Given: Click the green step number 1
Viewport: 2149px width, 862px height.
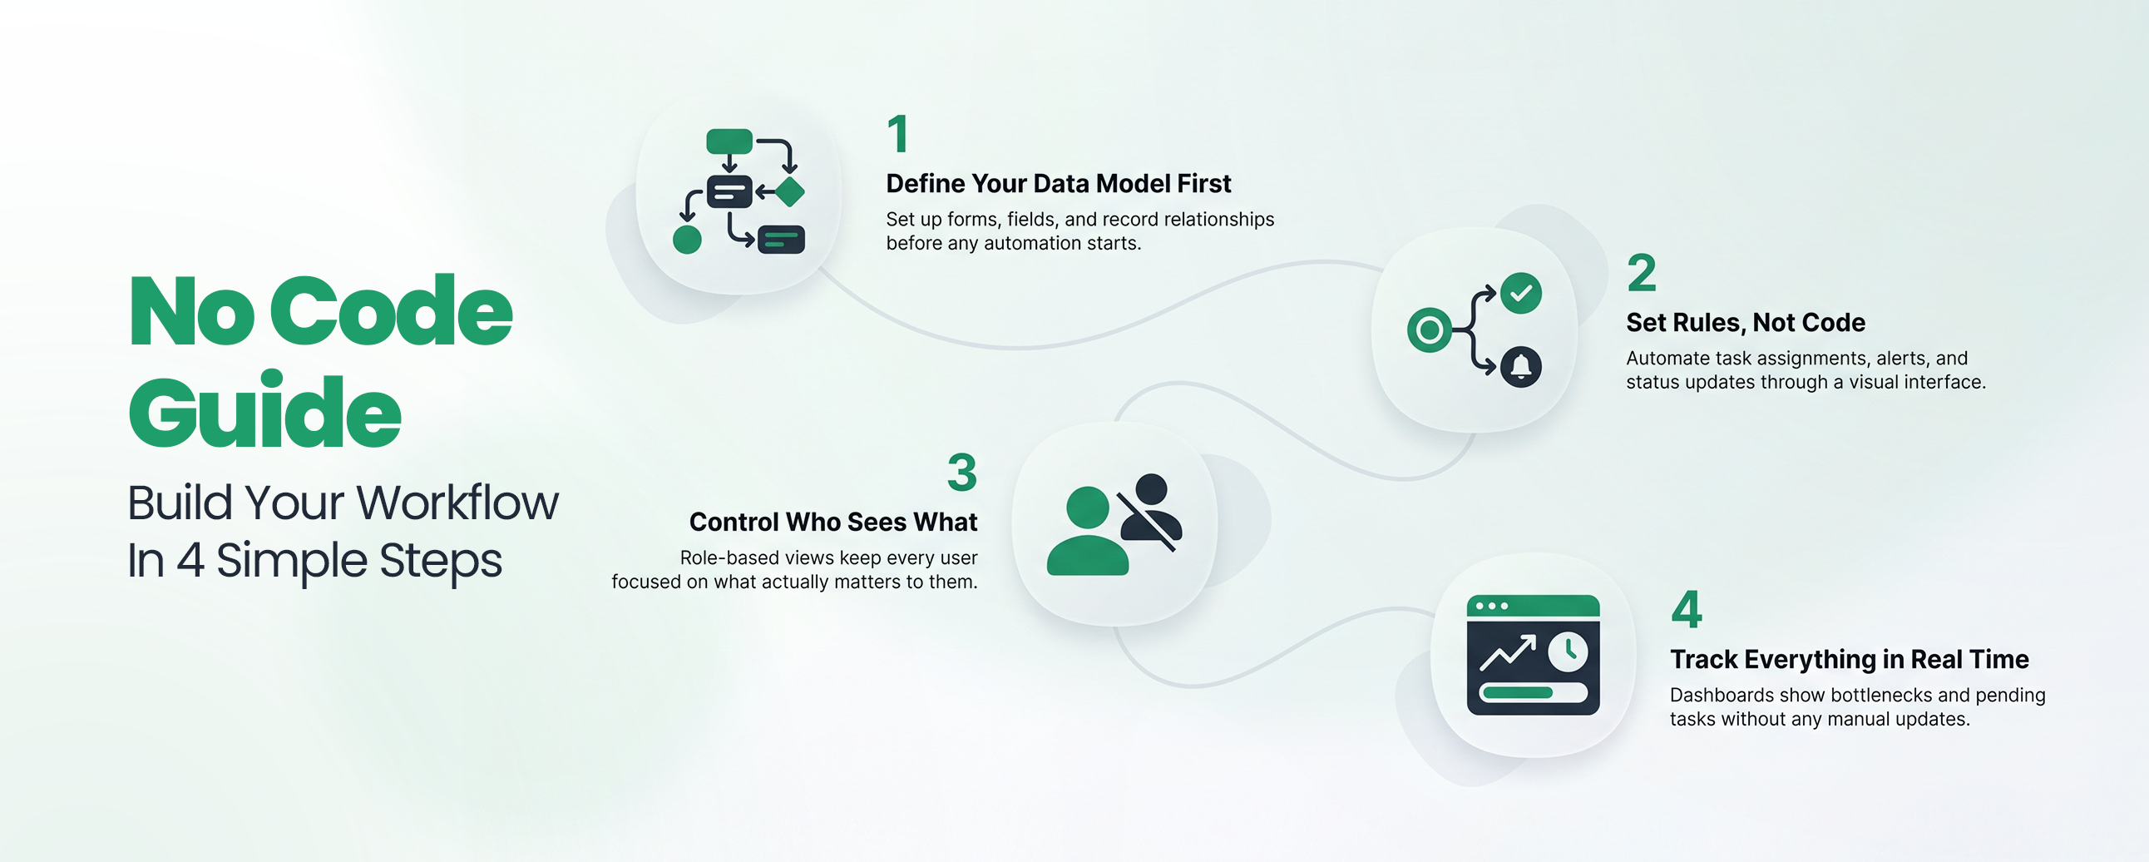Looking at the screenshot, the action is point(897,134).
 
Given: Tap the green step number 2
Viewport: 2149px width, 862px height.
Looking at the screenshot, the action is point(1641,274).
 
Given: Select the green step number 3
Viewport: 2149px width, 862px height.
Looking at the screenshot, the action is point(961,473).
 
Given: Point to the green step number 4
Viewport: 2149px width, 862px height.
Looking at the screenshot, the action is point(1686,610).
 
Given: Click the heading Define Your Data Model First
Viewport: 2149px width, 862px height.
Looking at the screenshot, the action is point(1058,184).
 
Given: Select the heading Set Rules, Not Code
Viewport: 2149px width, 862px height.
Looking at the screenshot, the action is point(1745,323).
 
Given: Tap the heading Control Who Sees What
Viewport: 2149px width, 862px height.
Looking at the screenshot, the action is point(832,523).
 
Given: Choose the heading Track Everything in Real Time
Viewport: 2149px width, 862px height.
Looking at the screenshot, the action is point(1849,660).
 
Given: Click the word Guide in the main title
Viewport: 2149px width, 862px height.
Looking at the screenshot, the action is point(265,411).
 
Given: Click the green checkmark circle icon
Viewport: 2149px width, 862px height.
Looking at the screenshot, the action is point(1521,293).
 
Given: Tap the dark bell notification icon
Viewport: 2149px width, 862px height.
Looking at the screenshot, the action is point(1521,366).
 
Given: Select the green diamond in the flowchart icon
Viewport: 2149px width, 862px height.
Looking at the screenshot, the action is point(789,192).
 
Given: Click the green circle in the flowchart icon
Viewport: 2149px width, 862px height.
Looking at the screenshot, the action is point(687,240).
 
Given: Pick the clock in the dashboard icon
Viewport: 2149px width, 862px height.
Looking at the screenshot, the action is point(1569,651).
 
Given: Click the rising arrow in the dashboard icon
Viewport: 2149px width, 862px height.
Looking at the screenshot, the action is point(1508,652).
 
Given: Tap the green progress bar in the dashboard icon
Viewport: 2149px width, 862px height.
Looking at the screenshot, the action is point(1517,692).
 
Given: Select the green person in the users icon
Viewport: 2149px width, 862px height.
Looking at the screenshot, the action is point(1087,534).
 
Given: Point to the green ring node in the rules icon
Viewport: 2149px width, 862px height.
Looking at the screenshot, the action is point(1429,330).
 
